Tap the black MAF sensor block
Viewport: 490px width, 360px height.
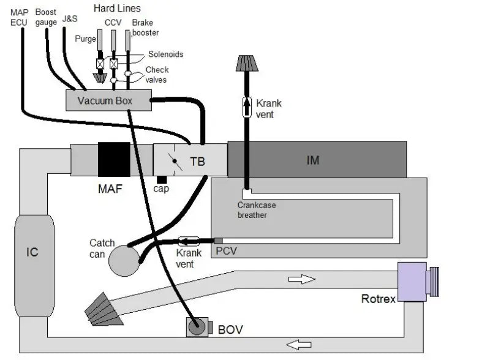115,160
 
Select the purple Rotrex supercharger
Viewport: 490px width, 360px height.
412,281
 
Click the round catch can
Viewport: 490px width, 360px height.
124,260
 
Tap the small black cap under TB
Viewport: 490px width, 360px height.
162,179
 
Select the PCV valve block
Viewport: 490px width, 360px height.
219,240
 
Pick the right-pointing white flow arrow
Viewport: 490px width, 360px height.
301,279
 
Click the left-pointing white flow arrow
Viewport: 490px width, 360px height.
298,345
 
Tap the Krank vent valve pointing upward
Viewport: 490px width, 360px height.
247,107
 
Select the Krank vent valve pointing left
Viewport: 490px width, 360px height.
189,241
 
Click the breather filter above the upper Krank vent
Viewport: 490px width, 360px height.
247,63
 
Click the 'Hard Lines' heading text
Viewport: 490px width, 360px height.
117,9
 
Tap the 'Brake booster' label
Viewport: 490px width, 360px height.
145,28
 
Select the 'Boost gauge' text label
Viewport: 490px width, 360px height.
46,18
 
